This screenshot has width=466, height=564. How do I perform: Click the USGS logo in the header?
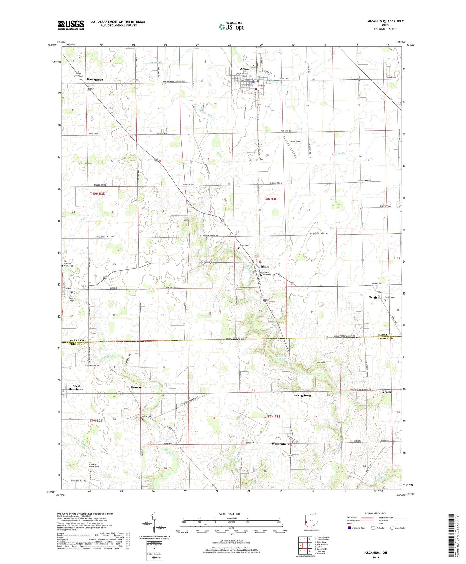click(x=71, y=25)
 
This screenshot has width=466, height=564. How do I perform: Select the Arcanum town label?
click(x=246, y=69)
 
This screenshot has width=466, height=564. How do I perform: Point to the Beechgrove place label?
click(x=95, y=80)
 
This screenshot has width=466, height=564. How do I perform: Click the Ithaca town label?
click(x=265, y=267)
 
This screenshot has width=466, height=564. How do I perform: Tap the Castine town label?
click(x=71, y=288)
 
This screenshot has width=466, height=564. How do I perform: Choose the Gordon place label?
click(x=374, y=298)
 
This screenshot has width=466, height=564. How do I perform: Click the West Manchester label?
click(x=76, y=388)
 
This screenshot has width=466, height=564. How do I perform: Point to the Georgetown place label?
click(x=303, y=395)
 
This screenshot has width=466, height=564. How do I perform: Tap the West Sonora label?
click(x=281, y=444)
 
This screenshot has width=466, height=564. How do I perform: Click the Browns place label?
click(x=136, y=387)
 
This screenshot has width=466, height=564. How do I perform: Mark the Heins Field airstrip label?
click(x=295, y=142)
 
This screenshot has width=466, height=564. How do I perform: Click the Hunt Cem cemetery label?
click(x=321, y=363)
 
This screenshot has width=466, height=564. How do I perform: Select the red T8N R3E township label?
click(x=270, y=199)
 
